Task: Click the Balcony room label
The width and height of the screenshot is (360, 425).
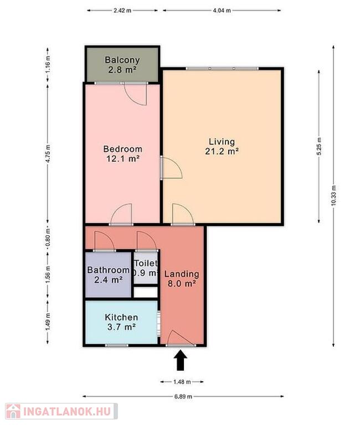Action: coord(122,65)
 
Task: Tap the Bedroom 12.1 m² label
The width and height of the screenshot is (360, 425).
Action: coord(122,153)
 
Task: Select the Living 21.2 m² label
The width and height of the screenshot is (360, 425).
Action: coord(222,146)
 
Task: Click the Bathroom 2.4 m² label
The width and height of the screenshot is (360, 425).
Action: coord(108,274)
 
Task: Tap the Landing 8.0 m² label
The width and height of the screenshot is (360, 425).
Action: coord(182,278)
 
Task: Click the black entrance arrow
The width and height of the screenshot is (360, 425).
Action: coord(180,360)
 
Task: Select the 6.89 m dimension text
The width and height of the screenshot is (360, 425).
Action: coord(183,396)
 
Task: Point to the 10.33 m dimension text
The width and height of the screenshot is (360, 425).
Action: coord(333,195)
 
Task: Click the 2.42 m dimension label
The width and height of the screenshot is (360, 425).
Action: coord(122,11)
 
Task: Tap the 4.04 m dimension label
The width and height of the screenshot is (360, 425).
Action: coord(222,11)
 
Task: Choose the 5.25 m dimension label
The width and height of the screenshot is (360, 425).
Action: coord(319,146)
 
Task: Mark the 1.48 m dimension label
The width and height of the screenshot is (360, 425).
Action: coord(182,382)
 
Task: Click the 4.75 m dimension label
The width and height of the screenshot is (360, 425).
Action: coord(48,153)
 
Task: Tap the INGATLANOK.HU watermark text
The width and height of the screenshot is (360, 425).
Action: coord(67,411)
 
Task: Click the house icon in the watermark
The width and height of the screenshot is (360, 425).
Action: coord(13,411)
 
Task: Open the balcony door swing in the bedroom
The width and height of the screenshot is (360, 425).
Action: coord(136,94)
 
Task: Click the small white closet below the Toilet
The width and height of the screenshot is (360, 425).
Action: coord(146,292)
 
